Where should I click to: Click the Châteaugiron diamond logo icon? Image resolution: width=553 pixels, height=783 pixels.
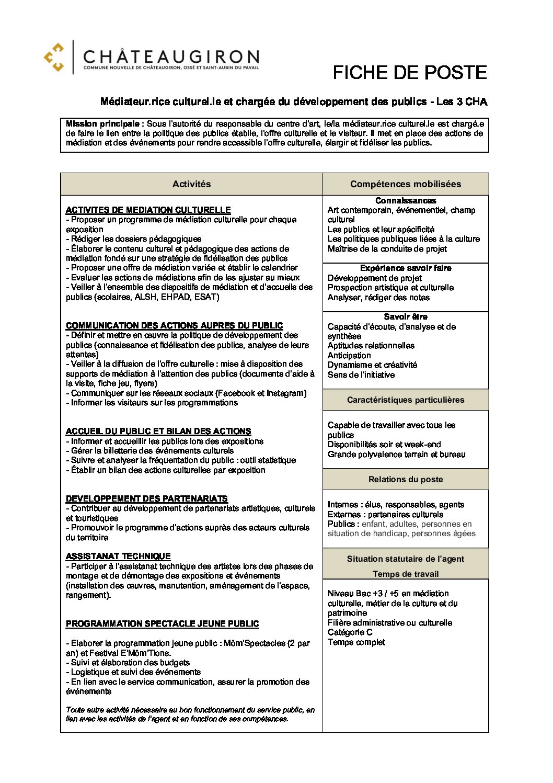(x=54, y=57)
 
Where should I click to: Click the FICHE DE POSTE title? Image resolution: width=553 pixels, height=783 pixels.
(x=409, y=73)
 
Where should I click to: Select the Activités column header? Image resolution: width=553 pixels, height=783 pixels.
(x=191, y=184)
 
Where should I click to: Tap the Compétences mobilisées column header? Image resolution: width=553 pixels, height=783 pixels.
(x=406, y=184)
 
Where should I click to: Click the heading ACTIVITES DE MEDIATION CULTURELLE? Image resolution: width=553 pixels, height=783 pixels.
(x=148, y=210)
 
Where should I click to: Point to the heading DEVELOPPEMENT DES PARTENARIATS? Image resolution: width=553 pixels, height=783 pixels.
(x=147, y=498)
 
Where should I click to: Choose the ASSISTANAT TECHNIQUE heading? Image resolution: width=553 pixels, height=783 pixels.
(x=118, y=556)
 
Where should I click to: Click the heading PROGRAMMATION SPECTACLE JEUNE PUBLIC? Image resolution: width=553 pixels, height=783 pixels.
(x=162, y=623)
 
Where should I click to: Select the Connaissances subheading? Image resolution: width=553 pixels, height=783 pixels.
(x=406, y=200)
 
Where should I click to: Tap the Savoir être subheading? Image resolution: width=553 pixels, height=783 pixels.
(x=406, y=316)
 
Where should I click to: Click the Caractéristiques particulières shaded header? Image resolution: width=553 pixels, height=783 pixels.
(x=406, y=400)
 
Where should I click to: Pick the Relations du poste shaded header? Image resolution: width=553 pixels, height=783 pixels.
(x=406, y=479)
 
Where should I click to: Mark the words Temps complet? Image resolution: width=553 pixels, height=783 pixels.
(x=356, y=642)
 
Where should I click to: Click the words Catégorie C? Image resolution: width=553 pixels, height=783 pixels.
(x=350, y=632)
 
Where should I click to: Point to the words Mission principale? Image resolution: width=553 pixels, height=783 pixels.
(x=102, y=124)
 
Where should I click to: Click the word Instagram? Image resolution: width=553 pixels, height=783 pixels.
(x=285, y=393)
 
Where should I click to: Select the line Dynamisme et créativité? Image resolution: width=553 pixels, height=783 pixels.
(x=372, y=365)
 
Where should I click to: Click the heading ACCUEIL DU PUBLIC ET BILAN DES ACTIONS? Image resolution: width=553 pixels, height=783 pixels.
(x=158, y=431)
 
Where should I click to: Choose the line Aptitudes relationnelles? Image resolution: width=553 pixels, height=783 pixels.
(x=371, y=346)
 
